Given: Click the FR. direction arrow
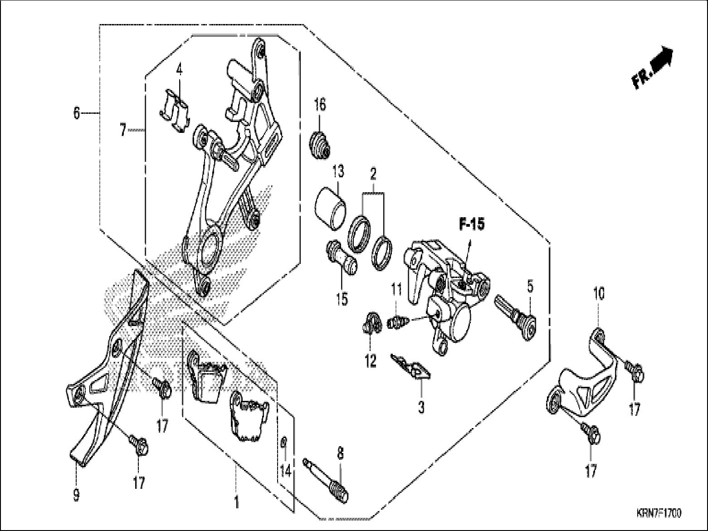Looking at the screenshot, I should (x=653, y=67).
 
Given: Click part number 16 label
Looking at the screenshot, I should (x=320, y=105).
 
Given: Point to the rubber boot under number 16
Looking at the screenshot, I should (x=321, y=145).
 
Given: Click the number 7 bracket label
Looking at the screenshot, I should (x=123, y=130).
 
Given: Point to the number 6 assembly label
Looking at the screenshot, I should (x=76, y=112).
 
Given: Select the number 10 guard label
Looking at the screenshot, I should (x=599, y=295).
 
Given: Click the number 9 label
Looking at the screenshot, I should (x=76, y=495).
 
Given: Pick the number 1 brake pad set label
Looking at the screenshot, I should (x=236, y=502).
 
